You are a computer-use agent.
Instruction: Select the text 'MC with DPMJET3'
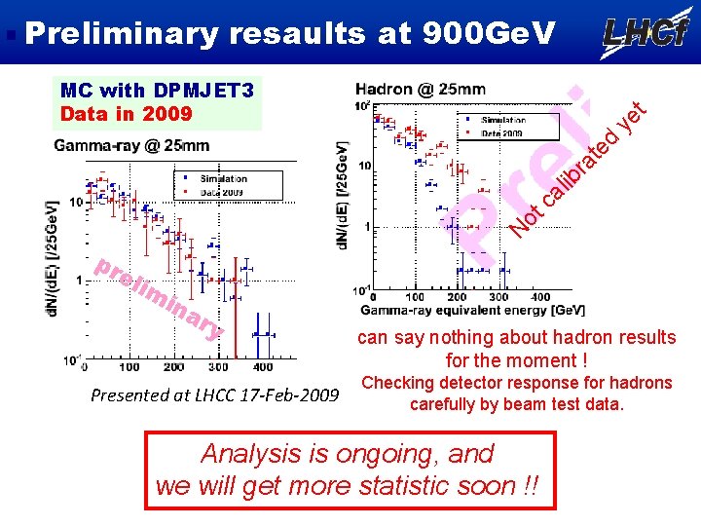click(157, 92)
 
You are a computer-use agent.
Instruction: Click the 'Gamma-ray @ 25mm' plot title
click(131, 146)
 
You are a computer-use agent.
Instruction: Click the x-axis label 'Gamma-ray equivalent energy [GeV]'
click(473, 310)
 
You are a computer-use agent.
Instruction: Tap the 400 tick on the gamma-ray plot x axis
click(262, 367)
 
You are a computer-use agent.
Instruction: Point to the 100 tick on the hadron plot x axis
click(414, 297)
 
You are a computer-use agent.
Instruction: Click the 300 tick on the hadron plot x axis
click(498, 297)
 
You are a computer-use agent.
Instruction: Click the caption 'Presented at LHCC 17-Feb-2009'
click(213, 395)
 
